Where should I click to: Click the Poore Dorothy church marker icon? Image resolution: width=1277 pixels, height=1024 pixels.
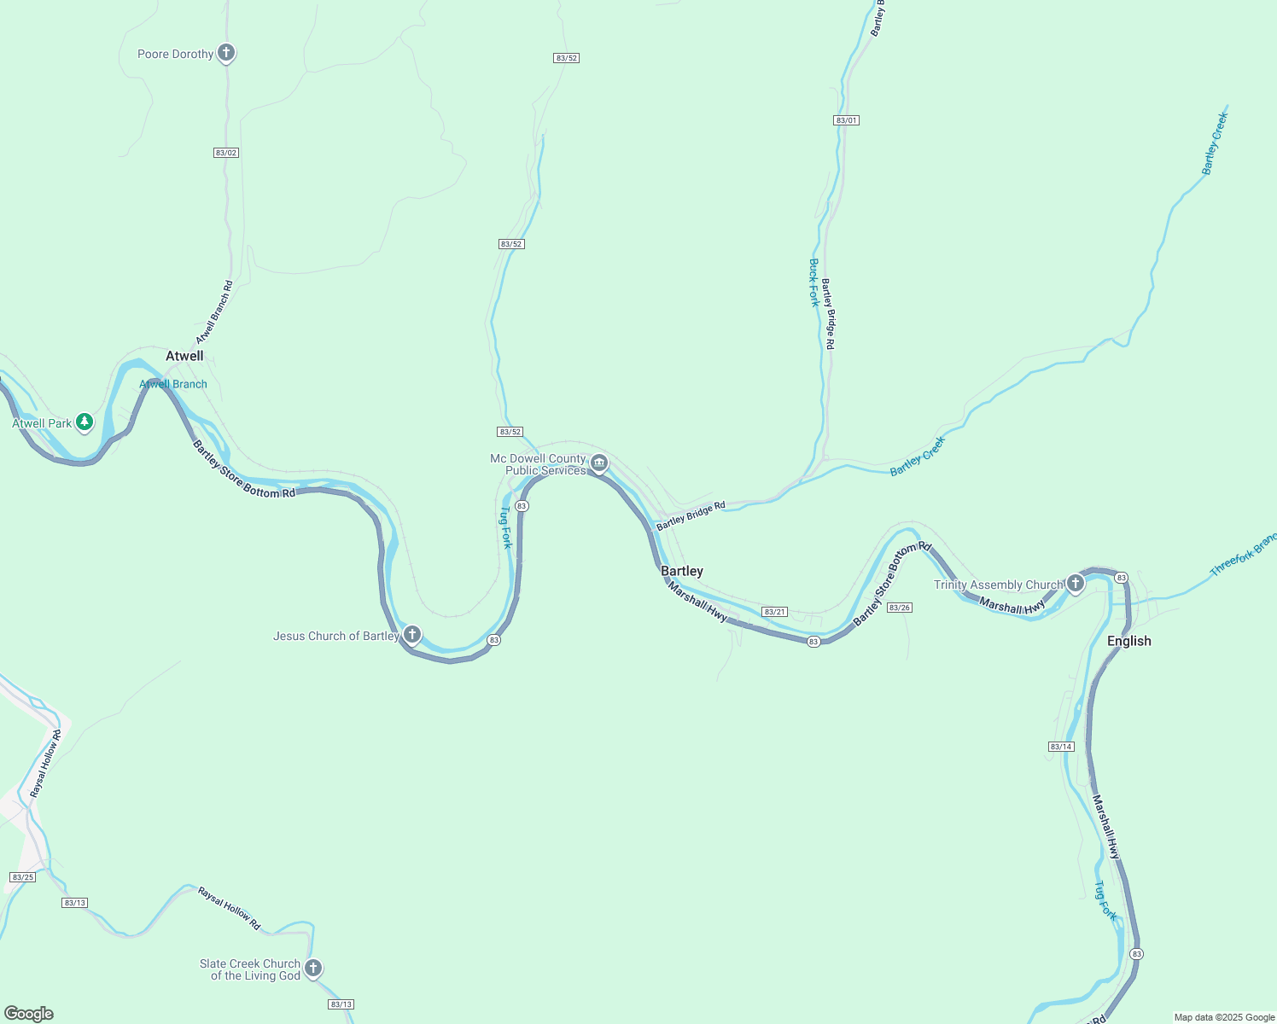(x=226, y=53)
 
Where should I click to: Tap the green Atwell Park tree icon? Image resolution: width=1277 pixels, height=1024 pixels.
(x=84, y=422)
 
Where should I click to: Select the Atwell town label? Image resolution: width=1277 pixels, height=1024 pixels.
(x=184, y=356)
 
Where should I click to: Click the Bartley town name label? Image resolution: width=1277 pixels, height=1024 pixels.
(x=682, y=571)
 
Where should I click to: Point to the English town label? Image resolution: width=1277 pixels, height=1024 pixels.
(x=1128, y=641)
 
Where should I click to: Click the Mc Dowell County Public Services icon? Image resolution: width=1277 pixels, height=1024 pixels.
(x=599, y=463)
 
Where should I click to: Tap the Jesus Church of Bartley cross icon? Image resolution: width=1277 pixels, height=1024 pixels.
(x=412, y=634)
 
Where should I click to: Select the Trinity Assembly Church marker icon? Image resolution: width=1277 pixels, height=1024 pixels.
(x=1076, y=584)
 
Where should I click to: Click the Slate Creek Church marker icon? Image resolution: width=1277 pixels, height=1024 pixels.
(x=313, y=968)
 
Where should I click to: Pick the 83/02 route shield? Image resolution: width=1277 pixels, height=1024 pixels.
(x=226, y=153)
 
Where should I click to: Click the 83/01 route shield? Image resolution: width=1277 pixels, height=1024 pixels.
(x=846, y=120)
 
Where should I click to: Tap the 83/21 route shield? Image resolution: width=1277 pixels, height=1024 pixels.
(x=774, y=612)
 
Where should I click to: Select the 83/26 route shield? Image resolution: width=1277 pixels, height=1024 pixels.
(x=900, y=608)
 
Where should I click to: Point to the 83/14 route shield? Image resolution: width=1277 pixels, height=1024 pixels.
(x=1061, y=747)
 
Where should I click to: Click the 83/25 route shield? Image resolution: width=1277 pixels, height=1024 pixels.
(x=23, y=877)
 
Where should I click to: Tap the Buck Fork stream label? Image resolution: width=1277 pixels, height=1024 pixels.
(x=814, y=282)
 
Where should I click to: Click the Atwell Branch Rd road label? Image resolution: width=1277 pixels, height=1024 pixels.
(x=214, y=312)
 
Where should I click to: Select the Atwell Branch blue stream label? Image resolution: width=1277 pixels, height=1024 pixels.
(x=173, y=384)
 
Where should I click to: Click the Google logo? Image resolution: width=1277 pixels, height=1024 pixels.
(x=29, y=1014)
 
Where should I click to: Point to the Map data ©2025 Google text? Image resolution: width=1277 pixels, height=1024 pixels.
(x=1224, y=1017)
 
